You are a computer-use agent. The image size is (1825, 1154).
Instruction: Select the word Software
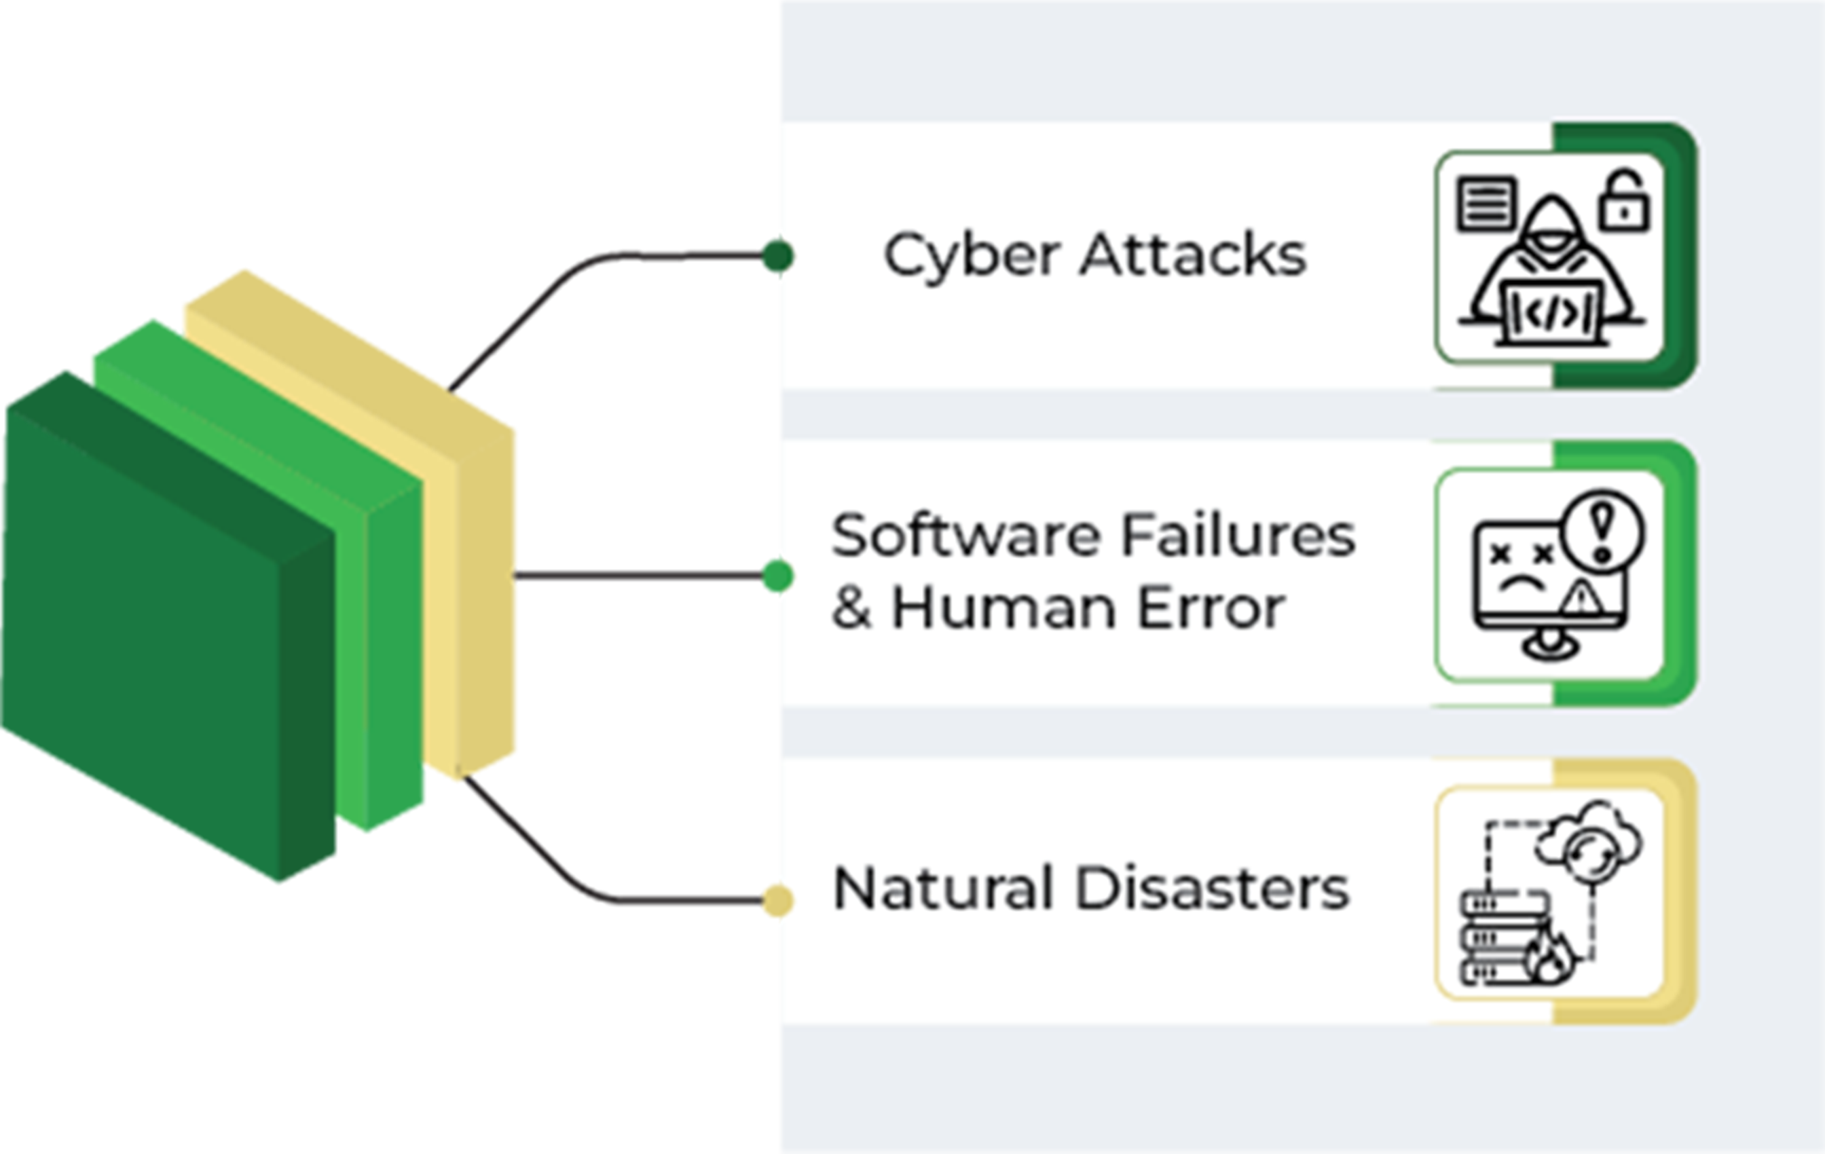click(966, 536)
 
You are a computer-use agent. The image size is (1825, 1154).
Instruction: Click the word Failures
click(1238, 536)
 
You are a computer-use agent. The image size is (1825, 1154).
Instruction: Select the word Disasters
click(1212, 888)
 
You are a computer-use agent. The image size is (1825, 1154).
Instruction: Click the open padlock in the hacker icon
click(1623, 202)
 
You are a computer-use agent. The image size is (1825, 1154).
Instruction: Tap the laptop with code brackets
click(1552, 312)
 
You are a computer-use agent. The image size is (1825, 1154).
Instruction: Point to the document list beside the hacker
click(1486, 203)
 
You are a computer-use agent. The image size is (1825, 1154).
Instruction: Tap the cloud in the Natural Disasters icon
click(1589, 840)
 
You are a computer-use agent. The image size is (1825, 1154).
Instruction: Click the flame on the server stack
click(1550, 958)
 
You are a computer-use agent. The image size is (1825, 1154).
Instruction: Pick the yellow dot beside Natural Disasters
click(774, 899)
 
